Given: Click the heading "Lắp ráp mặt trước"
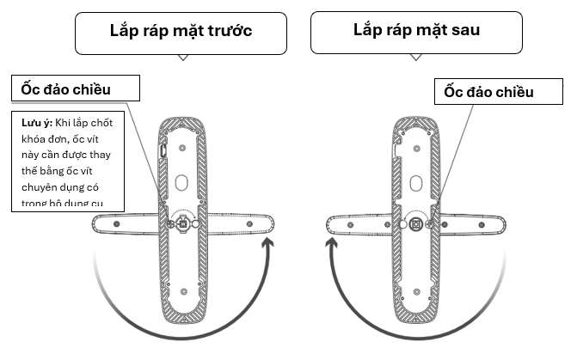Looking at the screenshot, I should tap(181, 31).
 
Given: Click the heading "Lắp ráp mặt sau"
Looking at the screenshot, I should tap(416, 30).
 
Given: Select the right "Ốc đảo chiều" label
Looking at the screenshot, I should tap(489, 91).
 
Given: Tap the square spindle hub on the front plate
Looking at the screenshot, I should tap(182, 224).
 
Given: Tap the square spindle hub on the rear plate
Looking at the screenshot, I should tap(416, 224).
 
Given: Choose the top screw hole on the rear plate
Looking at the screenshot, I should tap(416, 130).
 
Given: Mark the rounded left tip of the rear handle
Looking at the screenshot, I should tap(330, 225).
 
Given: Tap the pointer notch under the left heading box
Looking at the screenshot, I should tap(181, 58).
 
